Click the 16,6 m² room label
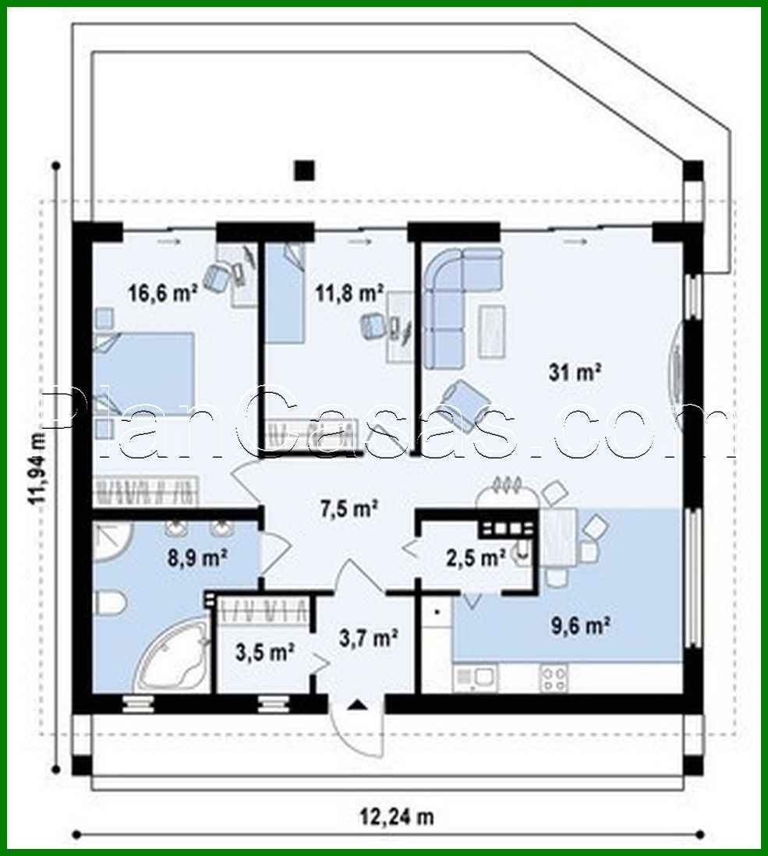[x=162, y=293]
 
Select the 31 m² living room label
[x=577, y=373]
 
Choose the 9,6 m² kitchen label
[x=581, y=625]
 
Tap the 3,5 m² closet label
[x=264, y=652]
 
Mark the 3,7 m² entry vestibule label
[x=370, y=639]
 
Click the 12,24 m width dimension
[x=397, y=816]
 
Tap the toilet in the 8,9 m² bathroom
[x=108, y=603]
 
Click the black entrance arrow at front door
[x=357, y=705]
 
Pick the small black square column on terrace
[x=304, y=170]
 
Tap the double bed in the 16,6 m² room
[x=143, y=365]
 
